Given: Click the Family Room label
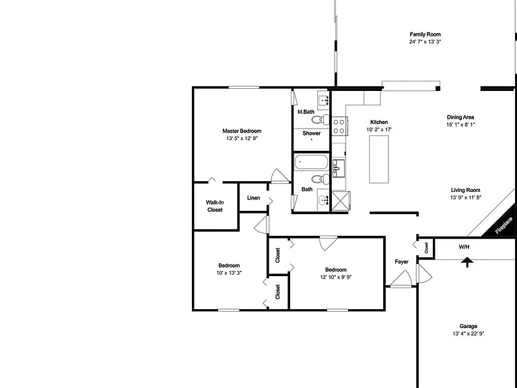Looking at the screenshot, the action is click(425, 34).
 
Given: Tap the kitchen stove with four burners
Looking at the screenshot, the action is click(339, 127).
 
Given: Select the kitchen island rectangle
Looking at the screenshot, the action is click(379, 159).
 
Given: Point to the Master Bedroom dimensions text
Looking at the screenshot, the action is click(242, 139).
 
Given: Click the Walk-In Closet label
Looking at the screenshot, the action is click(215, 206).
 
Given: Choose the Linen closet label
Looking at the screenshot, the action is click(254, 198).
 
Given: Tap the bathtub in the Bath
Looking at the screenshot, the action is click(311, 162).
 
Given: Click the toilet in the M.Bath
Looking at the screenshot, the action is click(320, 119).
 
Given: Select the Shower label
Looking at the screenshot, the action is click(312, 133).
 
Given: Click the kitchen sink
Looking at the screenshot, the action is click(339, 168).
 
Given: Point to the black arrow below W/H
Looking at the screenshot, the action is click(467, 262).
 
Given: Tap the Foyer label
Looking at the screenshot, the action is click(402, 261).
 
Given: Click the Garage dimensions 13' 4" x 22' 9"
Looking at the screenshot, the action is click(469, 333).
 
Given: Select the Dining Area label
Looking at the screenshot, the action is click(460, 117).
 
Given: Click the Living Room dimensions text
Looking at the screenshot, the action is click(466, 197).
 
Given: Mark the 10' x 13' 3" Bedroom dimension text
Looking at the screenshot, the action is click(229, 273).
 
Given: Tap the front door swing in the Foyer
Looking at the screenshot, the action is click(401, 279).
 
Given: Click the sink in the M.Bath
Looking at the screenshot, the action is click(323, 99).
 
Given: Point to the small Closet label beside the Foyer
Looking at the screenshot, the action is click(426, 248).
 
